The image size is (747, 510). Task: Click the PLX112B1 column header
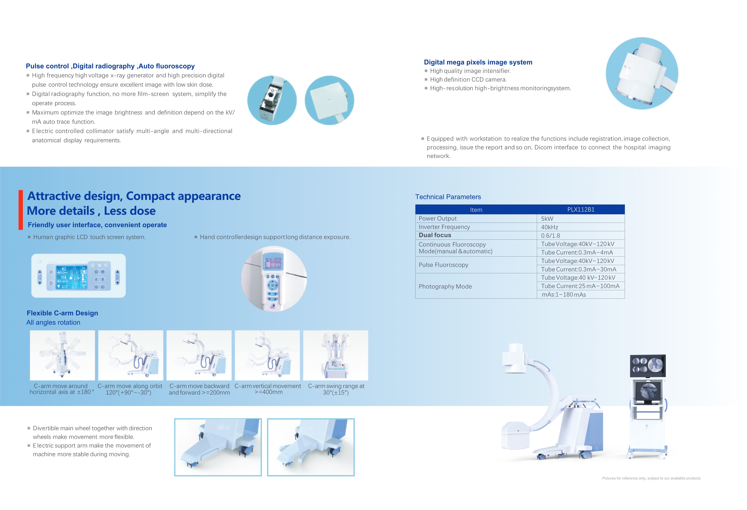[581, 209]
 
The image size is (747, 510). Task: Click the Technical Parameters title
[448, 197]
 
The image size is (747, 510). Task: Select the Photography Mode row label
[445, 286]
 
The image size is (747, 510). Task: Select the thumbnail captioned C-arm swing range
[335, 355]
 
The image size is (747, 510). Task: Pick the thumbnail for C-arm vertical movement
[267, 355]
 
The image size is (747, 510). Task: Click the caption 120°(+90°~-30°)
[128, 392]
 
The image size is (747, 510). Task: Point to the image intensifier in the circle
[642, 73]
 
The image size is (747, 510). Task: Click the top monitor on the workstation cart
[647, 366]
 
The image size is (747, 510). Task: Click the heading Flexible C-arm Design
[62, 313]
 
